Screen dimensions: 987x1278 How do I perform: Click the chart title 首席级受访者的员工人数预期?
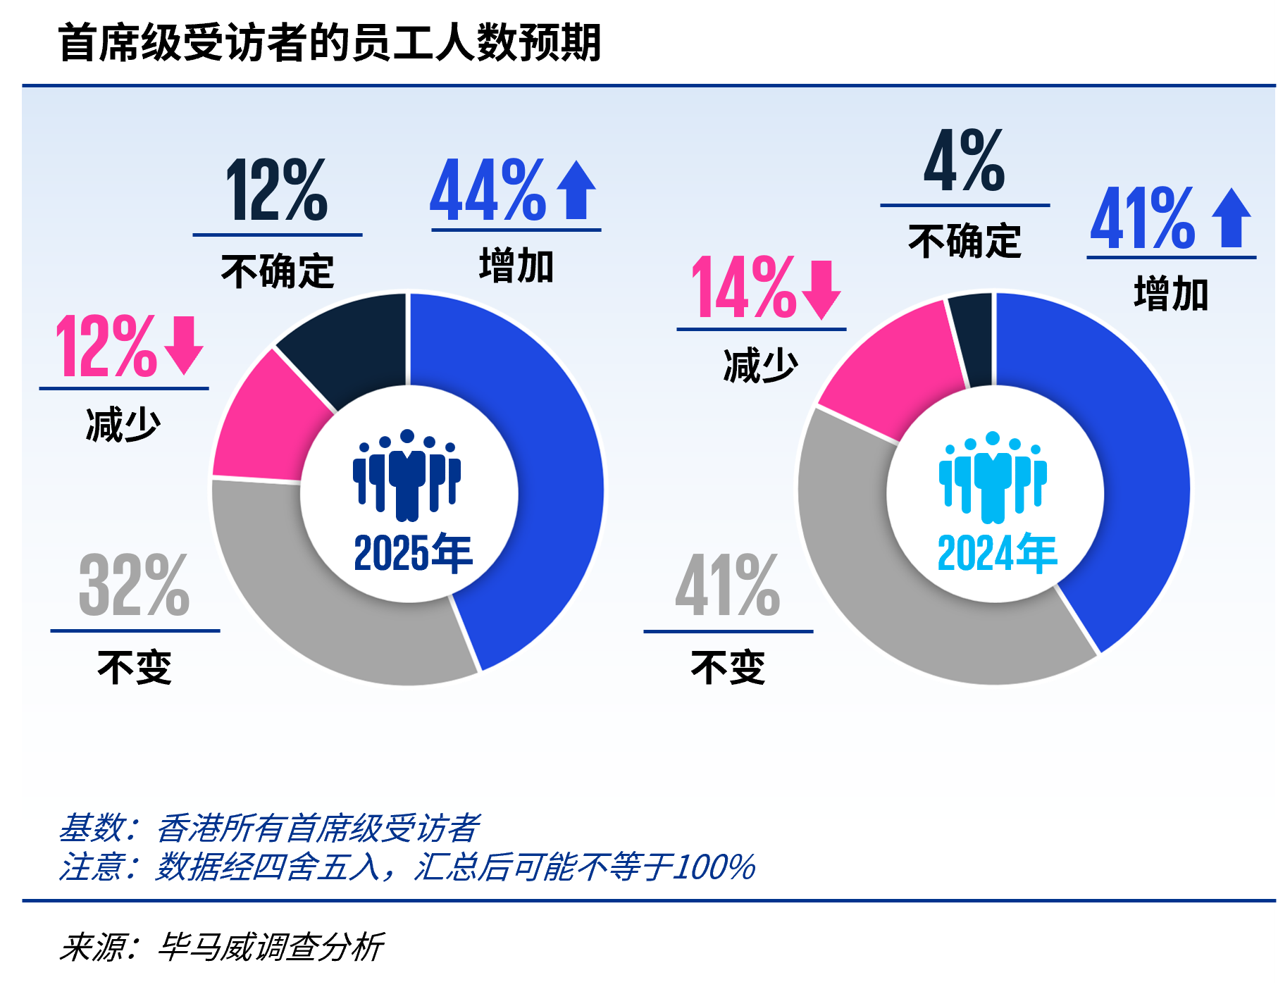click(x=329, y=43)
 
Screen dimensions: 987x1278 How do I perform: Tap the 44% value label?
click(x=488, y=190)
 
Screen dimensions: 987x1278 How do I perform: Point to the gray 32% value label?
click(x=134, y=585)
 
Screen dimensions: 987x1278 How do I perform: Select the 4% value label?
click(x=964, y=161)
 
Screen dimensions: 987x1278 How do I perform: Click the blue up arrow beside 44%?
click(x=576, y=190)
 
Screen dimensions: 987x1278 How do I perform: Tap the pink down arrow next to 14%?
click(x=821, y=289)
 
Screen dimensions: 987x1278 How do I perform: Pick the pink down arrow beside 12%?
click(x=184, y=345)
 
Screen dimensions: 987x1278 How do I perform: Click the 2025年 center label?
click(x=413, y=554)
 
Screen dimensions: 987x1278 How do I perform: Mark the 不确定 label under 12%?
click(x=277, y=271)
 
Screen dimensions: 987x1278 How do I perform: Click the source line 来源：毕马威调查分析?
click(x=221, y=947)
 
